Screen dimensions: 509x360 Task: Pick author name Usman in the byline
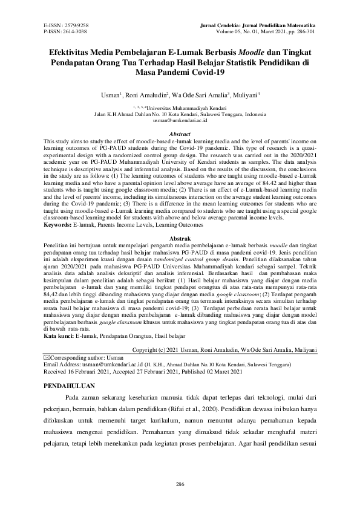(111, 95)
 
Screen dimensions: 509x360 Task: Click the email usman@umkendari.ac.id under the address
(180, 121)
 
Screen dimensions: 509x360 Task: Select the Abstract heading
(180, 134)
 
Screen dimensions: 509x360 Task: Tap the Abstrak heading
(180, 223)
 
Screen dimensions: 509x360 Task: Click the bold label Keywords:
(59, 208)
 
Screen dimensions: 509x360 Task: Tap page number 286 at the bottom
(180, 484)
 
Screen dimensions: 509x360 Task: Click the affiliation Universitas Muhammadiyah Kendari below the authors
(188, 106)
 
